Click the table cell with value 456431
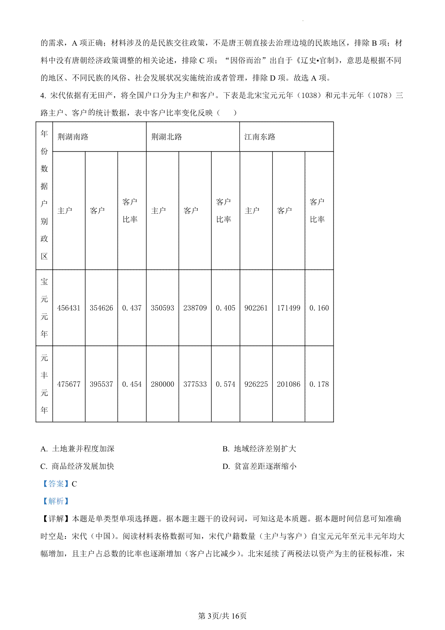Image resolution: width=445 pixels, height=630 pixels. (x=69, y=308)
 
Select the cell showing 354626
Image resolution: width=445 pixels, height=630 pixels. (x=101, y=308)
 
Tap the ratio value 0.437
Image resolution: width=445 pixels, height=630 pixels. (x=132, y=308)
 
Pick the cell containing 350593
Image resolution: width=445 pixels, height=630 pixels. (x=162, y=308)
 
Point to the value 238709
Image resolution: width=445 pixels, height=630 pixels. (x=195, y=308)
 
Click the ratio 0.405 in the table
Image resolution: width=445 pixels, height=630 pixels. (x=225, y=308)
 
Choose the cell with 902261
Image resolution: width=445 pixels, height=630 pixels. (x=256, y=308)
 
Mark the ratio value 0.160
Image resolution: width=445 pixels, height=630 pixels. (x=319, y=308)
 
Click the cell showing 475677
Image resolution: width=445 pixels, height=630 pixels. (x=69, y=384)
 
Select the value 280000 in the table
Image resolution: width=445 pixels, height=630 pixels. (x=162, y=384)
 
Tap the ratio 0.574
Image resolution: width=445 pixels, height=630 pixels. (x=225, y=384)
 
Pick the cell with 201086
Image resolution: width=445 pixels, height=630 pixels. (x=289, y=384)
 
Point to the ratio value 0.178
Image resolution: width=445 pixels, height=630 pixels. (x=319, y=384)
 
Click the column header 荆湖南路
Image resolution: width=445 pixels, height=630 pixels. (x=73, y=137)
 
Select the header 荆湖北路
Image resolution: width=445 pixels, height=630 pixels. (x=167, y=137)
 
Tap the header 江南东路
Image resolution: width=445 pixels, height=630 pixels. (x=260, y=137)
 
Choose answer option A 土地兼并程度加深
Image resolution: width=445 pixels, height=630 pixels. (x=78, y=449)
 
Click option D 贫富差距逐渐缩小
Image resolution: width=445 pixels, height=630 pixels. (x=260, y=466)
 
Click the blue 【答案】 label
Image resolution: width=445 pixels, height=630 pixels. (x=55, y=484)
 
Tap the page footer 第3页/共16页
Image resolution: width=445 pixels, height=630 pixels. (x=222, y=616)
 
